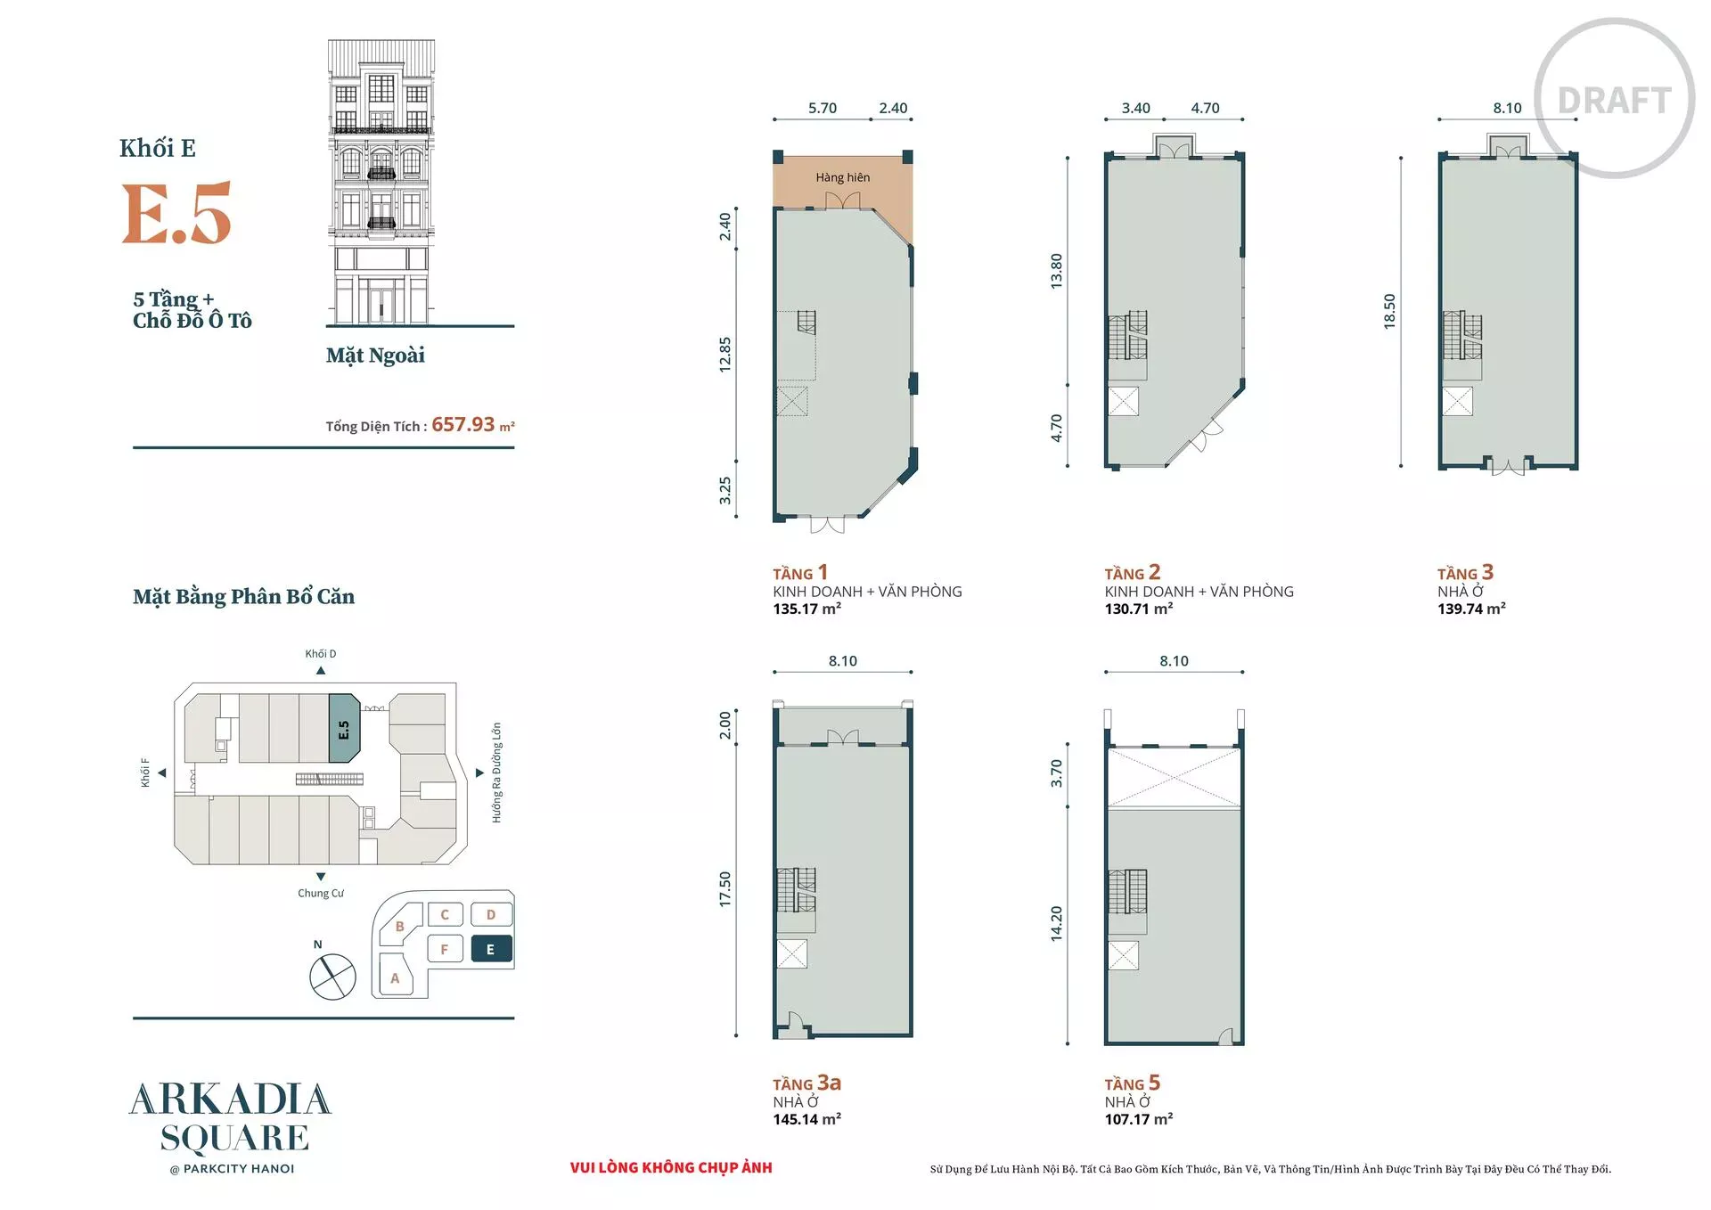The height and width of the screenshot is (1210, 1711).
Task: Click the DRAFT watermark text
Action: click(1614, 101)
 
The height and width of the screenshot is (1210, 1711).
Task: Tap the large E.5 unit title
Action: click(176, 213)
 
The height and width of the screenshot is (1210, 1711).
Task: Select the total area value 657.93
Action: click(463, 425)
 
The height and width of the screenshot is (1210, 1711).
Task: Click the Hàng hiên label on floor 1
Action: click(842, 177)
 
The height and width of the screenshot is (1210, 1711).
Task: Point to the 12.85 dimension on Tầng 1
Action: click(725, 354)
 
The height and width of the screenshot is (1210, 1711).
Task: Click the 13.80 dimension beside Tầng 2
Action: click(1057, 271)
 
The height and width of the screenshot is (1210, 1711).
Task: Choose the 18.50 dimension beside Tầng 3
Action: click(1389, 312)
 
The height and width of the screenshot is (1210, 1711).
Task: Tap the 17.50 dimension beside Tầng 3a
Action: click(725, 889)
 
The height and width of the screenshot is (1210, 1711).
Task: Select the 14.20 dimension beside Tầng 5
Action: click(1057, 924)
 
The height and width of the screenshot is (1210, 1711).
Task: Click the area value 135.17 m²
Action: click(806, 609)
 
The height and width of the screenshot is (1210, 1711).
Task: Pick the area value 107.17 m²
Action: click(1139, 1119)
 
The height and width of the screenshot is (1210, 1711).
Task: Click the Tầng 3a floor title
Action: click(806, 1083)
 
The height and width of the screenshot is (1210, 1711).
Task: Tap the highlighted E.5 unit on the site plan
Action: click(344, 729)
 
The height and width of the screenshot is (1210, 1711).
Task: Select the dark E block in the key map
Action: click(490, 949)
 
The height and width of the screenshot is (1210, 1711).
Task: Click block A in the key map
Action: click(395, 977)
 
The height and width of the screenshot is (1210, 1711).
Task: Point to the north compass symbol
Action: click(332, 976)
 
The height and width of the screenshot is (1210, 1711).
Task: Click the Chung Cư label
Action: click(321, 893)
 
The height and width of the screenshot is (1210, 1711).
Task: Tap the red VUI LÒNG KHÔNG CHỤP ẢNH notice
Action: click(671, 1167)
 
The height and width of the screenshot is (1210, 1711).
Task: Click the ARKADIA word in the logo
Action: click(231, 1100)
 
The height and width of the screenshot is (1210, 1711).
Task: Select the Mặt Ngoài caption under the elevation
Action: click(375, 356)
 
